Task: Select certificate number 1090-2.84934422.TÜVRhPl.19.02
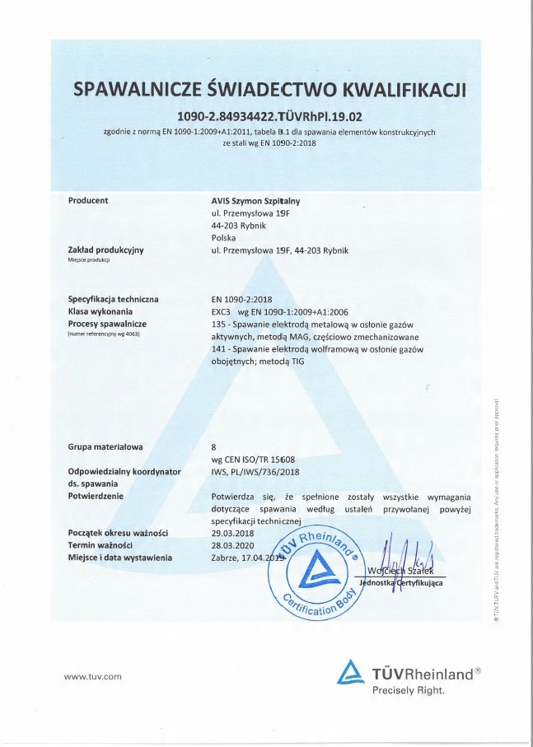coord(270,115)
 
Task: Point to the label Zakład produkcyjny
coord(105,250)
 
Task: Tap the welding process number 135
coord(218,325)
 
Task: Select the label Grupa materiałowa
coord(105,446)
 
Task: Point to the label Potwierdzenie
coord(96,497)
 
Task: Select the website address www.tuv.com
coord(93,676)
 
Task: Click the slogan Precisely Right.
coord(409,690)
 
